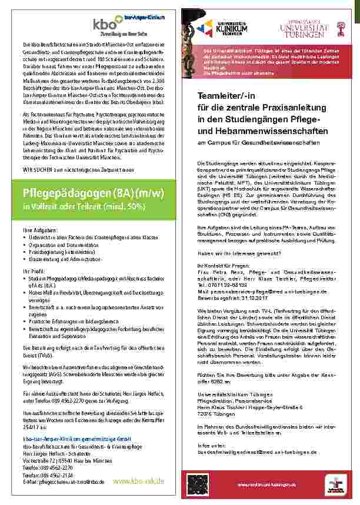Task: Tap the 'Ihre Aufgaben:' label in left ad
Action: tap(39, 229)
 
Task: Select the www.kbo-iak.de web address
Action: tap(138, 481)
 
